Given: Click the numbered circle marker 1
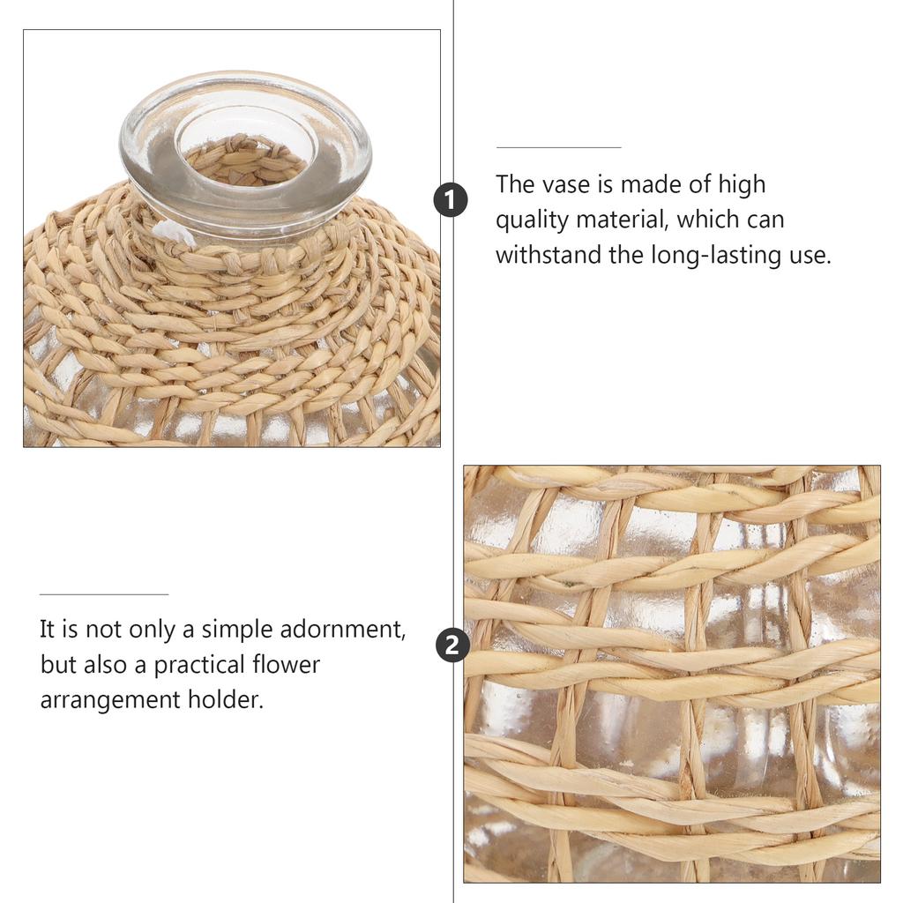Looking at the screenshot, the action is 451,200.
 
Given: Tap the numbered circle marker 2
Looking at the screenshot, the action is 452,645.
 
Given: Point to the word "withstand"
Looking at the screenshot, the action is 549,255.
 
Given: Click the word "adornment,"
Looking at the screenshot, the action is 343,630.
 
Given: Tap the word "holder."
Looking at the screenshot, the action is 226,699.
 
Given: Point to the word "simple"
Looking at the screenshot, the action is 237,631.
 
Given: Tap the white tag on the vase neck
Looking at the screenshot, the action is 172,234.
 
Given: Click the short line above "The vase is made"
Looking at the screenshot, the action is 558,147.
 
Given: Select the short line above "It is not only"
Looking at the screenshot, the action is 104,593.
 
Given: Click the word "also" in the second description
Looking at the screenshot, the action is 106,665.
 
